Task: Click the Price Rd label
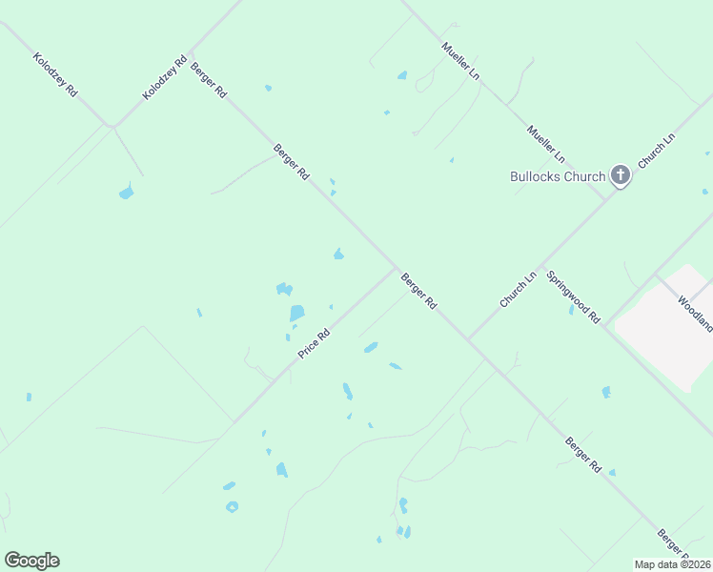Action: click(314, 343)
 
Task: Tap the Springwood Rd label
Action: click(573, 297)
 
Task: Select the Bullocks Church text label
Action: click(558, 176)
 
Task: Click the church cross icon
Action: click(621, 174)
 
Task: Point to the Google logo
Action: click(31, 561)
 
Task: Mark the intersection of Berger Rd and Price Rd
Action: click(396, 268)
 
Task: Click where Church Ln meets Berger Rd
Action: click(469, 339)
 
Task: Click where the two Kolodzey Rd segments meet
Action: click(112, 126)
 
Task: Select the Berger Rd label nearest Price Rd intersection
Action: click(418, 292)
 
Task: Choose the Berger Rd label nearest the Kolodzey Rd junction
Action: click(208, 80)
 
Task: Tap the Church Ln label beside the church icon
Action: click(657, 151)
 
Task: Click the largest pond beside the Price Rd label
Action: click(296, 313)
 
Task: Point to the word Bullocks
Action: click(535, 176)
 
